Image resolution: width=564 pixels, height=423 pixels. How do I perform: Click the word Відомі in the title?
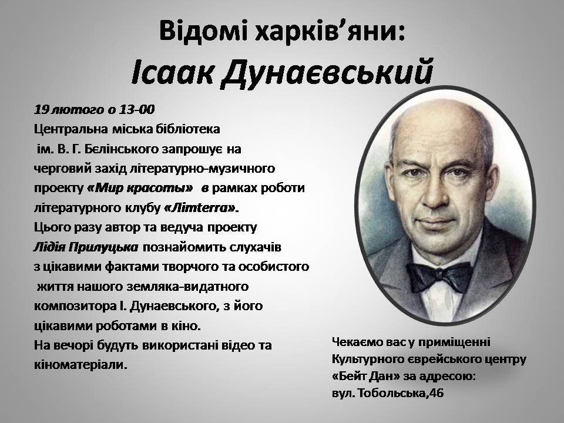click(203, 31)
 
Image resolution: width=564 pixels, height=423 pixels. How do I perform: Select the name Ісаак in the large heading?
click(172, 71)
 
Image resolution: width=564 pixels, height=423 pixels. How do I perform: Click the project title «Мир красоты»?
click(140, 188)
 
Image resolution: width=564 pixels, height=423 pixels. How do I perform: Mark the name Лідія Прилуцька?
click(86, 247)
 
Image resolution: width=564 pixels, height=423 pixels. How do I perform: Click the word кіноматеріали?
click(80, 365)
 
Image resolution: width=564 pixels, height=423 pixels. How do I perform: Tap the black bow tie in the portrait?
click(439, 276)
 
